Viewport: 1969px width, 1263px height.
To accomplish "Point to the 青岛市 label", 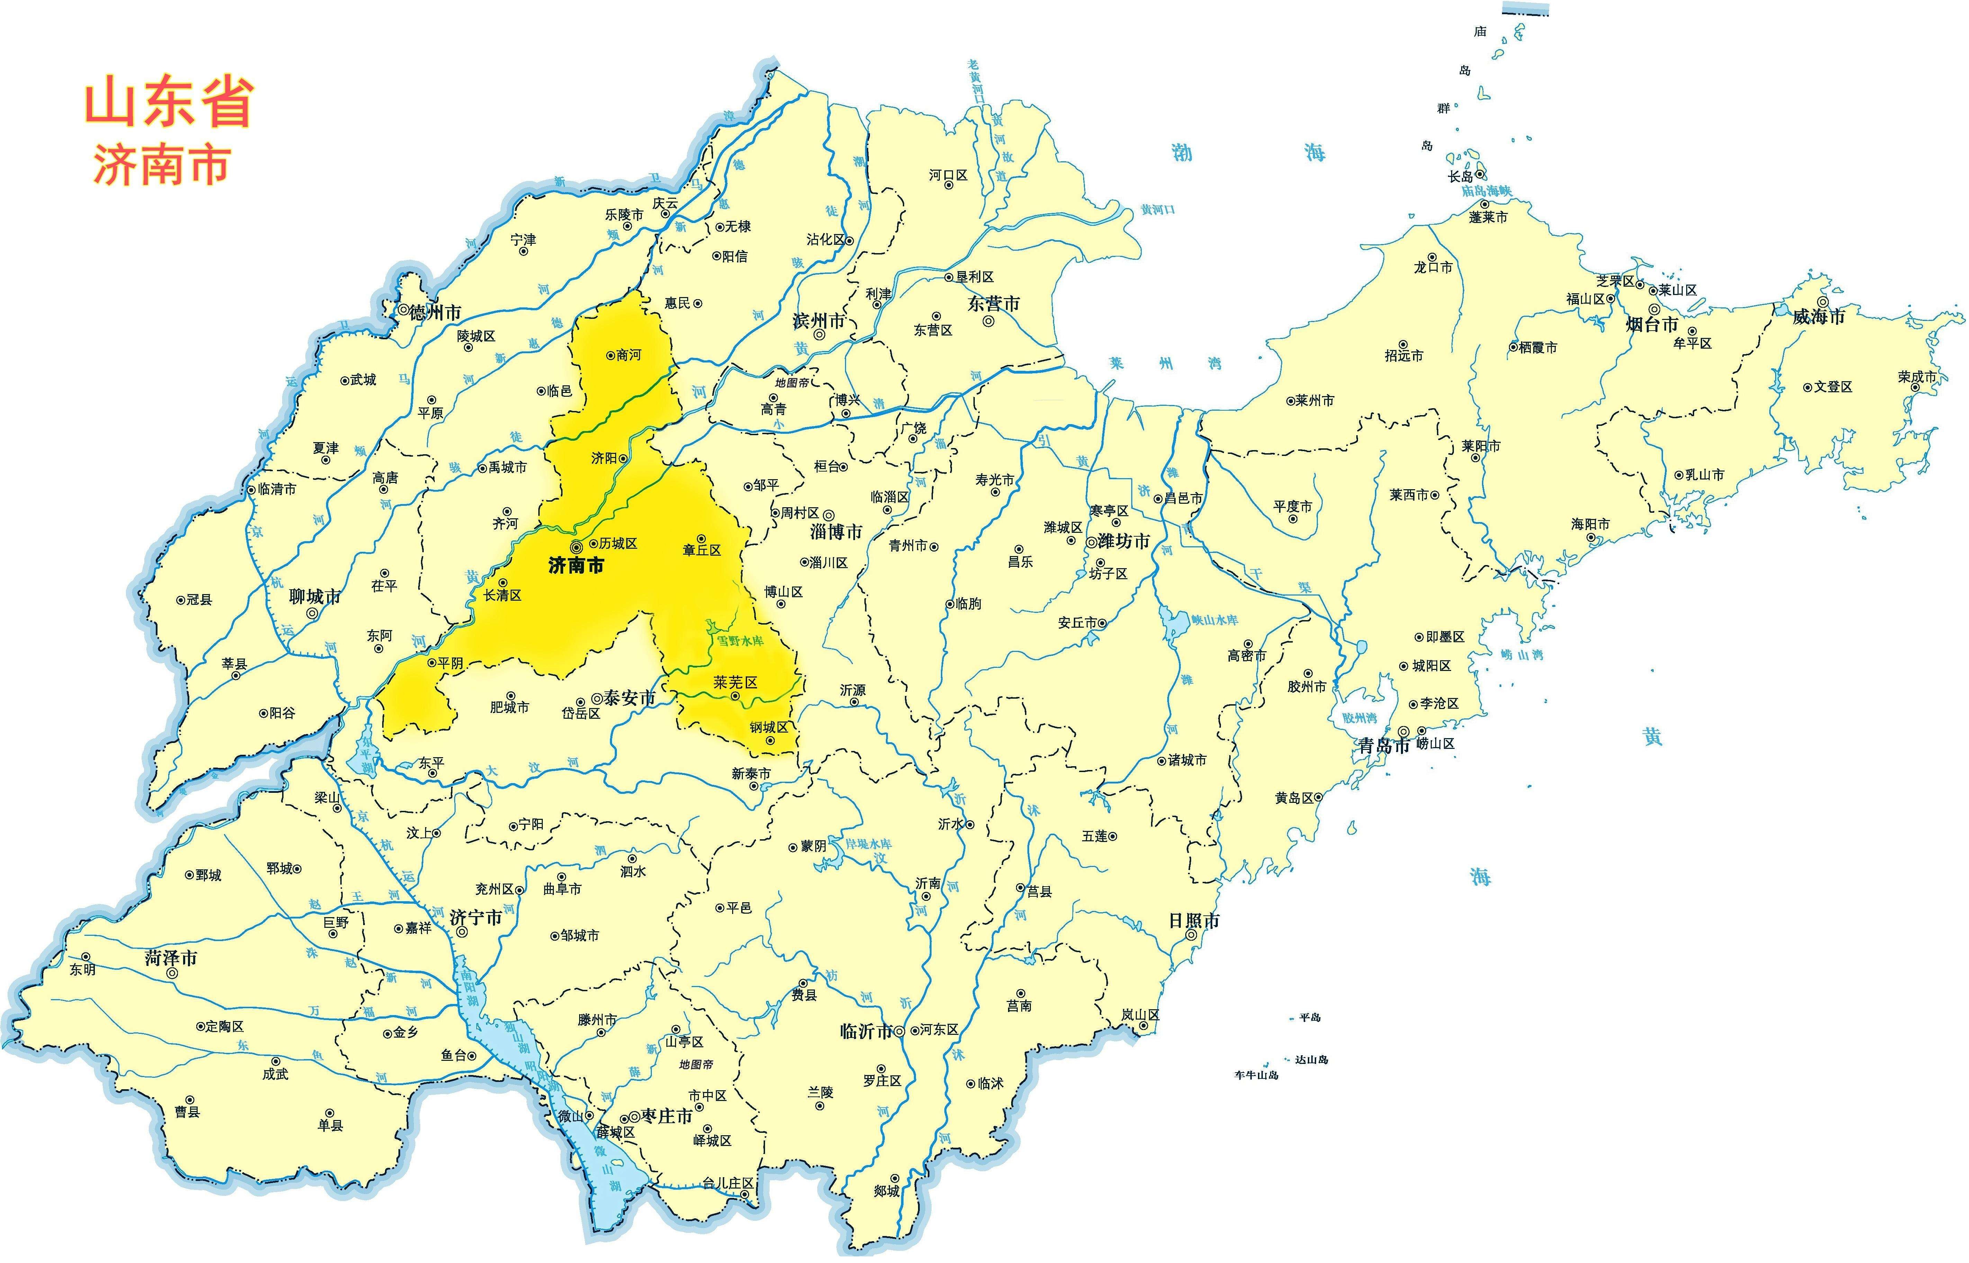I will pyautogui.click(x=1384, y=745).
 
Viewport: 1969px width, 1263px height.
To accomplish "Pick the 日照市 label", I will pyautogui.click(x=1194, y=920).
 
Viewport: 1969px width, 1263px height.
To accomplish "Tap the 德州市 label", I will pyautogui.click(x=435, y=313).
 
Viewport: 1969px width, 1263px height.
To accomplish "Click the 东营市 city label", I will pyautogui.click(x=993, y=303).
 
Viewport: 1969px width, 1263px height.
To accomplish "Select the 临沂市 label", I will pyautogui.click(x=866, y=1031).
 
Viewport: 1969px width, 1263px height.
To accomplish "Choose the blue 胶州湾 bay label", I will pyautogui.click(x=1360, y=718).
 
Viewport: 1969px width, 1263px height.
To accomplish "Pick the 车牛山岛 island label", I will pyautogui.click(x=1256, y=1074).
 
